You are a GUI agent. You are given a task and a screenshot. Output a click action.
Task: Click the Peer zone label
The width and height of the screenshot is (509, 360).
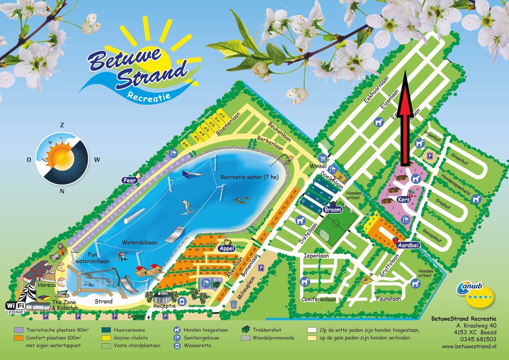pos(130,180)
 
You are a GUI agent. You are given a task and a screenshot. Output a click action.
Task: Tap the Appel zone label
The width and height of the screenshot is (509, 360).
pos(227,248)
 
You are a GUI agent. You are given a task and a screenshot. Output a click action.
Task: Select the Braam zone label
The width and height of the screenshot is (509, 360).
pos(333,209)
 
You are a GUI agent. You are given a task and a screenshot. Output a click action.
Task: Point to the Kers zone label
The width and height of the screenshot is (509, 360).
pos(404,199)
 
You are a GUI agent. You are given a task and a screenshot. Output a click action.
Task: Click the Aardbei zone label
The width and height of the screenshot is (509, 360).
pos(408,245)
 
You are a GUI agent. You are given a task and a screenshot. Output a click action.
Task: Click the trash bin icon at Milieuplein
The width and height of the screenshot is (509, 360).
pos(234,304)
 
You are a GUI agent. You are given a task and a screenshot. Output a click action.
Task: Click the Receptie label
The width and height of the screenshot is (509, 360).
pos(164,306)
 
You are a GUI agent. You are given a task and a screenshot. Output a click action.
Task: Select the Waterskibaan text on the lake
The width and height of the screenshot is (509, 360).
pos(139,242)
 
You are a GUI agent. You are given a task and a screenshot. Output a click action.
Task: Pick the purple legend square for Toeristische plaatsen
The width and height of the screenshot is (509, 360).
pos(19,330)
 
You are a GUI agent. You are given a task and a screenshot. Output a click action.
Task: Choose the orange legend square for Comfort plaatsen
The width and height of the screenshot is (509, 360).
pos(19,338)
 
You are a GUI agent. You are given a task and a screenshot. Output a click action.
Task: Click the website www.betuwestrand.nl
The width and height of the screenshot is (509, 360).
pos(469,346)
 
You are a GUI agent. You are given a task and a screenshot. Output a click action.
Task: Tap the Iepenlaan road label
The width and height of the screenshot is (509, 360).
pos(316,256)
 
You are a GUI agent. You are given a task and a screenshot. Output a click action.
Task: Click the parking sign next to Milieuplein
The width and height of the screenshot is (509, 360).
pos(261,268)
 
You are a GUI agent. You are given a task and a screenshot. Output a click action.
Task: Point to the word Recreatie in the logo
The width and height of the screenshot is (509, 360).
pos(149,97)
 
